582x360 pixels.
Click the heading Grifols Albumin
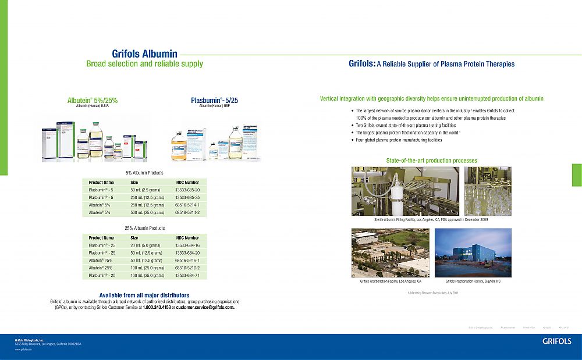click(x=144, y=54)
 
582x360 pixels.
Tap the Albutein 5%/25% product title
click(x=93, y=100)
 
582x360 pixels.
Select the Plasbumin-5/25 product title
click(x=214, y=101)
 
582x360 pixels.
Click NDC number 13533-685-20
click(x=187, y=190)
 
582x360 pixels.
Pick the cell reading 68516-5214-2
click(x=187, y=213)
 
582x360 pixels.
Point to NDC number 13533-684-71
click(x=187, y=276)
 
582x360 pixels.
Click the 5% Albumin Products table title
click(x=144, y=173)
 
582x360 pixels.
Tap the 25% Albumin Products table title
click(x=144, y=228)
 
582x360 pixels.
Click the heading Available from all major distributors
click(x=144, y=295)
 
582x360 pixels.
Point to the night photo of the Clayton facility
click(x=473, y=252)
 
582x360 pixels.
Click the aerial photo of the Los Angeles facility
click(x=390, y=252)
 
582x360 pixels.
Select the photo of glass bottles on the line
click(x=488, y=191)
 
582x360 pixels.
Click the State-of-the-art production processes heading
click(x=431, y=161)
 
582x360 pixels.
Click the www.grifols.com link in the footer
click(x=23, y=350)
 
